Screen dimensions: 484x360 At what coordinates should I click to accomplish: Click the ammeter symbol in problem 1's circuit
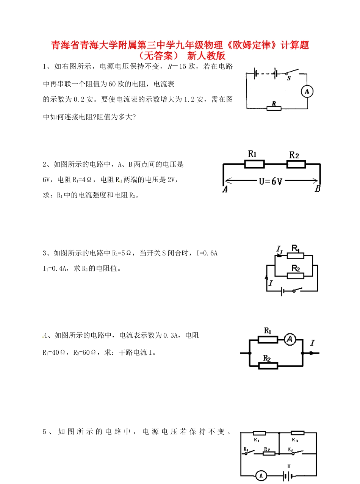tap(307, 91)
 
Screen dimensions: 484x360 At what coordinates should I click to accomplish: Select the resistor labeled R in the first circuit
tap(274, 108)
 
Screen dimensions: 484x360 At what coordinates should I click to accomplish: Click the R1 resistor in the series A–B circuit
tap(254, 164)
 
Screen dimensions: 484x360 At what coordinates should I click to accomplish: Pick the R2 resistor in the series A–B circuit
tap(296, 164)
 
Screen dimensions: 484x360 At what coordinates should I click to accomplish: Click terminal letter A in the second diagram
tap(225, 190)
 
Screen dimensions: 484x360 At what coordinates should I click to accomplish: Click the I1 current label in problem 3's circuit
tap(280, 249)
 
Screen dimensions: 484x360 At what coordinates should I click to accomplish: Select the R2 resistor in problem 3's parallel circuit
tap(296, 276)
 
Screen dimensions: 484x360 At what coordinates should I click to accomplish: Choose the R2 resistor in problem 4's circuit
tap(268, 365)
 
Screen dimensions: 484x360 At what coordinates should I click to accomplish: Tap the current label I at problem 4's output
tap(312, 343)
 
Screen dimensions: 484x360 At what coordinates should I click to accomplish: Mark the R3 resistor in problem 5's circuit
tap(297, 433)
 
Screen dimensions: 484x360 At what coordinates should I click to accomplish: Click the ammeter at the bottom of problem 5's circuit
tap(260, 475)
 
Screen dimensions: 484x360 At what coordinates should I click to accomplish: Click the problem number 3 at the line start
tap(44, 253)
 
